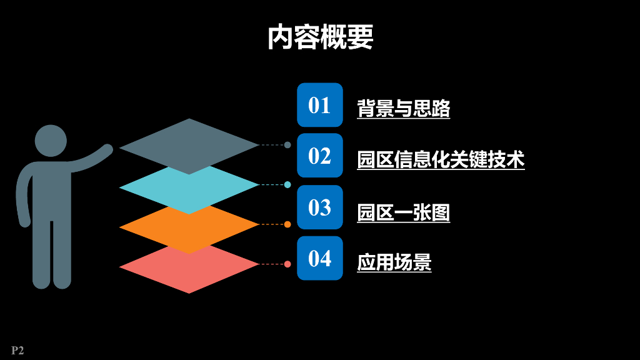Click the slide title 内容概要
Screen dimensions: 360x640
[x=320, y=37]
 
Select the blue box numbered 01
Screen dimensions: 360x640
[x=319, y=105]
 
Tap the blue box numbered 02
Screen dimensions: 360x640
[x=319, y=156]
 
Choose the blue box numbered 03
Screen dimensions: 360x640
[x=319, y=207]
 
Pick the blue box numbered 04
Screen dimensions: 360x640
[x=319, y=258]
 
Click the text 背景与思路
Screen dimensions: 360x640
[x=403, y=108]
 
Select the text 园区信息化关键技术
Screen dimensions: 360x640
[x=441, y=159]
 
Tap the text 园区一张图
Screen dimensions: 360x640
[x=403, y=212]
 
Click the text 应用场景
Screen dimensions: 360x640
[x=394, y=262]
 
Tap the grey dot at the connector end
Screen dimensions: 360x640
[x=287, y=145]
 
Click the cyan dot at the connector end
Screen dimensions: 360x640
[x=287, y=184]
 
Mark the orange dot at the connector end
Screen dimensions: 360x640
[x=287, y=224]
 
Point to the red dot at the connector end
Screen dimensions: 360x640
[x=287, y=264]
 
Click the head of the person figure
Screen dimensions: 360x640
[x=51, y=141]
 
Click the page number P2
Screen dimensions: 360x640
[x=17, y=351]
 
